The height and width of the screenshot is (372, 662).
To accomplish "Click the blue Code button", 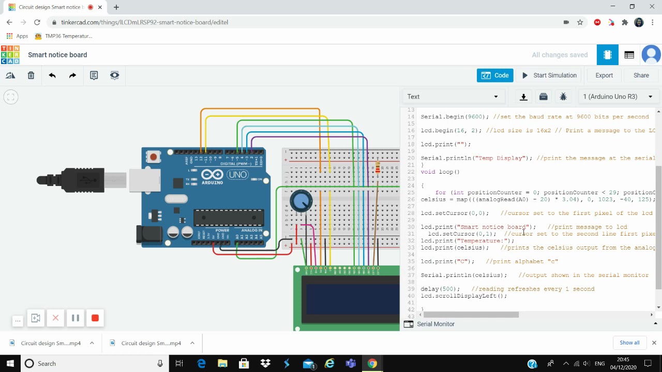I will tap(495, 75).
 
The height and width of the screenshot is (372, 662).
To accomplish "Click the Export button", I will tap(604, 75).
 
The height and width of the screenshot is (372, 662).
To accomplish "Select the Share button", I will tap(641, 75).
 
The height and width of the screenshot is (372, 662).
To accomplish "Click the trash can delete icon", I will tap(31, 75).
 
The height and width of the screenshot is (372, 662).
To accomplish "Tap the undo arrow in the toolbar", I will tap(52, 75).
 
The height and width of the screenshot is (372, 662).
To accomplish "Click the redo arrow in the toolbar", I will tap(72, 75).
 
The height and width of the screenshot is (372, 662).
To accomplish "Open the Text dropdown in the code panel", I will tap(453, 97).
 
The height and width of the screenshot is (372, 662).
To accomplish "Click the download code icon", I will tap(523, 97).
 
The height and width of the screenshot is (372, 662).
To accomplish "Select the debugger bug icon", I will tap(563, 97).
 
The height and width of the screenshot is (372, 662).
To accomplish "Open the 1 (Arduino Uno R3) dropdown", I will tap(618, 97).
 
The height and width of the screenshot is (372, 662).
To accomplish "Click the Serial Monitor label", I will tap(435, 324).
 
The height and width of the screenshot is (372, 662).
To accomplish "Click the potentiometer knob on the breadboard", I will tap(301, 201).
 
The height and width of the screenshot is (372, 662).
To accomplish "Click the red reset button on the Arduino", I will tap(153, 157).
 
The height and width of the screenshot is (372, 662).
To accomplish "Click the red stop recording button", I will tap(95, 318).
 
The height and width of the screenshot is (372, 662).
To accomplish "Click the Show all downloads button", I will tap(629, 343).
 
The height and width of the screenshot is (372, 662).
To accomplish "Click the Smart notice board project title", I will tap(57, 55).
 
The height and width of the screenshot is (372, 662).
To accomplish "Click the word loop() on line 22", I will tap(449, 172).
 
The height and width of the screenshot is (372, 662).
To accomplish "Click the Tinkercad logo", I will tap(10, 55).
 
